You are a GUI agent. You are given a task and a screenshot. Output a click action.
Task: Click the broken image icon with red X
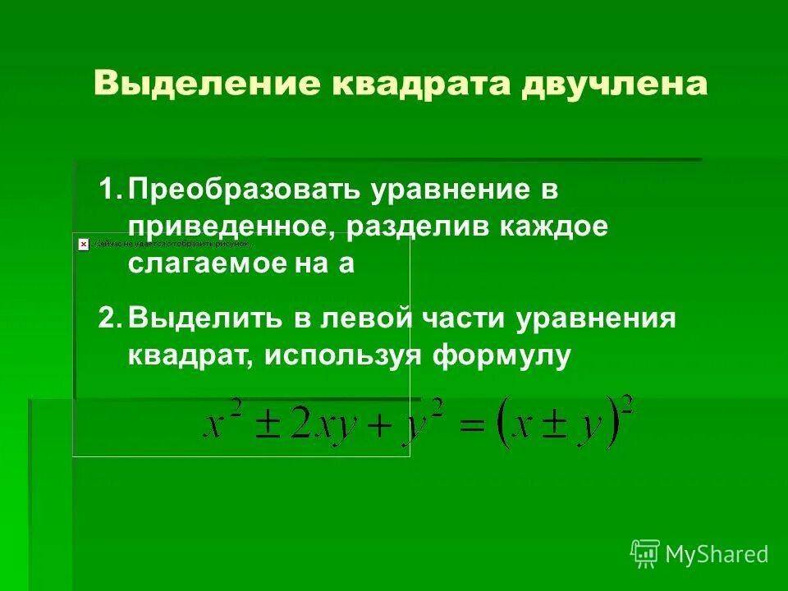(83, 244)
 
